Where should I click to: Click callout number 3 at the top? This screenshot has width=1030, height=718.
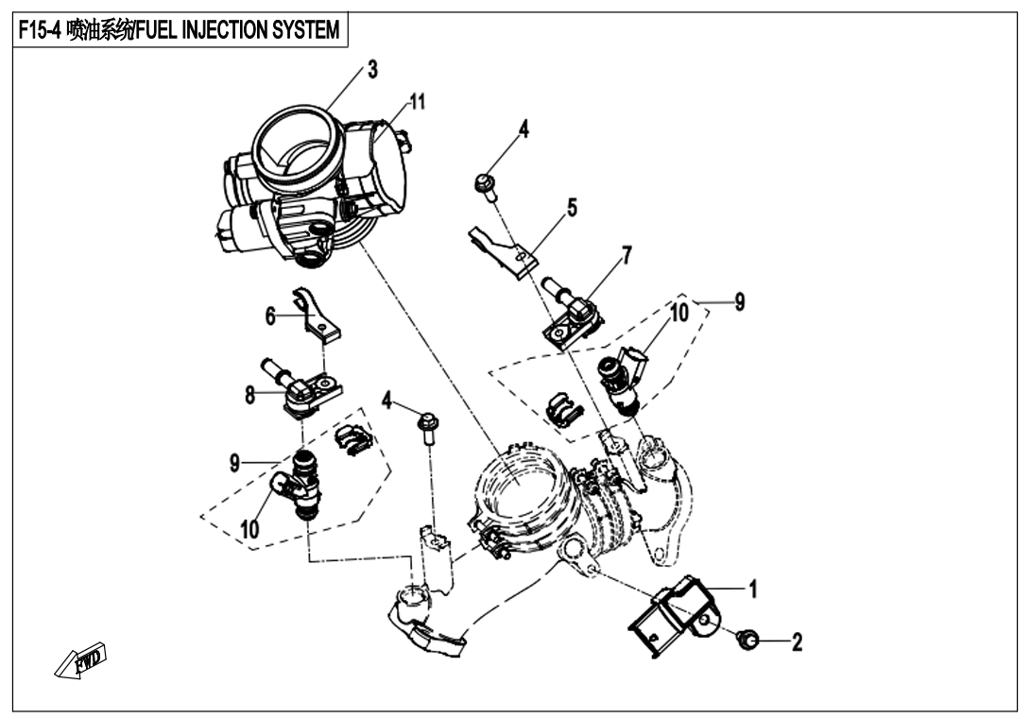pos(372,71)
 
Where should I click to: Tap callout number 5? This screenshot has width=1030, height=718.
pos(572,206)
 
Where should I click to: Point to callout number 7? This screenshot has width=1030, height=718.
pos(627,254)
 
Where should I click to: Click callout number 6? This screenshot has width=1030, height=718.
pos(270,317)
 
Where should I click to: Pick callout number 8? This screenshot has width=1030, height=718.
pos(250,395)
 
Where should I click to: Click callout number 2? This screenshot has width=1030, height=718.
pos(798,643)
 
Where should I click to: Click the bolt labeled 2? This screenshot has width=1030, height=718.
pos(747,641)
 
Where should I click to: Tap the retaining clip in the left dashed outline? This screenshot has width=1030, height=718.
pos(353,440)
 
